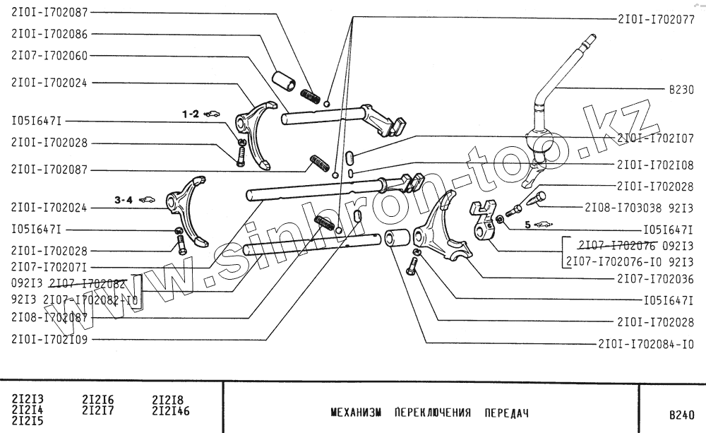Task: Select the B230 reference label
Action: (x=681, y=90)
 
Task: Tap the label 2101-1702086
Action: (x=49, y=33)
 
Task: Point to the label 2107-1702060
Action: (x=49, y=55)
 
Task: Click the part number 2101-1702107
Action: (x=655, y=139)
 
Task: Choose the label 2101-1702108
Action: (x=655, y=165)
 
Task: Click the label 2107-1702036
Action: (x=655, y=278)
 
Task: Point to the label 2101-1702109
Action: (x=49, y=338)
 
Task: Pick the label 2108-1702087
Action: (x=49, y=318)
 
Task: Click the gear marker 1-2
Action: (x=191, y=113)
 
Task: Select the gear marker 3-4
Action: (x=124, y=201)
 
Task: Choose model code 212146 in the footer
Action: (x=171, y=410)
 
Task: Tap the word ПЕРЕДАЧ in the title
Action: (x=506, y=412)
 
